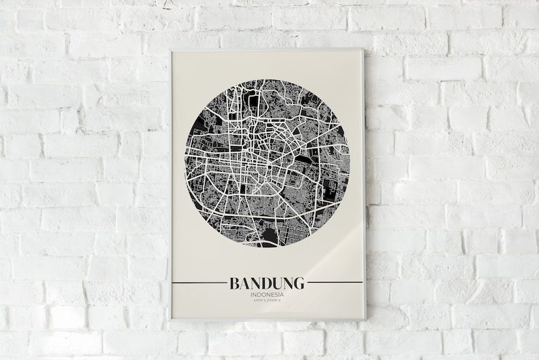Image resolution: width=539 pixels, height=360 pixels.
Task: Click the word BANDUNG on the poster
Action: click(267, 282)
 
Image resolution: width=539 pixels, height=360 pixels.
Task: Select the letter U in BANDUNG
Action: click(277, 282)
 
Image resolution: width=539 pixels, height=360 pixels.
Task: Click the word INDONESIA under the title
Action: click(267, 294)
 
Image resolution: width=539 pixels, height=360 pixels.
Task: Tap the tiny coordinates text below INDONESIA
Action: click(267, 302)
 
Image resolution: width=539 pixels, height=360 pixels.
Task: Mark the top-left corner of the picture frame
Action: click(170, 50)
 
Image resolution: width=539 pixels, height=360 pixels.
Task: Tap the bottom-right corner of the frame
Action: click(365, 319)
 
